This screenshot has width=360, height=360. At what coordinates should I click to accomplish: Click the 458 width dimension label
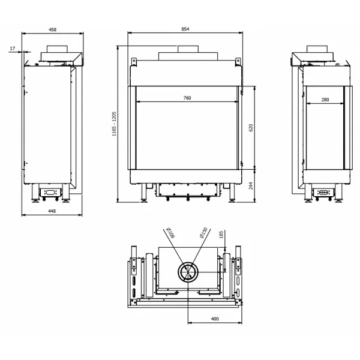[x=53, y=29]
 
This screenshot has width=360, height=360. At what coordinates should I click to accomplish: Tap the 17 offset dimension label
[x=13, y=49]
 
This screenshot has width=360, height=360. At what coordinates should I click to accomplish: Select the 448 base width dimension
[x=52, y=211]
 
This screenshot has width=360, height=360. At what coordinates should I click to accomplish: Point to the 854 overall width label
[x=185, y=29]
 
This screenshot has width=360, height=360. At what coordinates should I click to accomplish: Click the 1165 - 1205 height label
[x=114, y=124]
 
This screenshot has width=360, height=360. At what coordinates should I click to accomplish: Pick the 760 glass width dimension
[x=187, y=98]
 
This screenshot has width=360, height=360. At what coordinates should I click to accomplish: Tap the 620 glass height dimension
[x=251, y=128]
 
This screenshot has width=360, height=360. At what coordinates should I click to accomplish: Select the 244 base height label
[x=251, y=186]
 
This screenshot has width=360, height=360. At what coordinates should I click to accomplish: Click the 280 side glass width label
[x=325, y=100]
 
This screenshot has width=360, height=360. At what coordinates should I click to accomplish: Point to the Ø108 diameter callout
[x=170, y=233]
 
